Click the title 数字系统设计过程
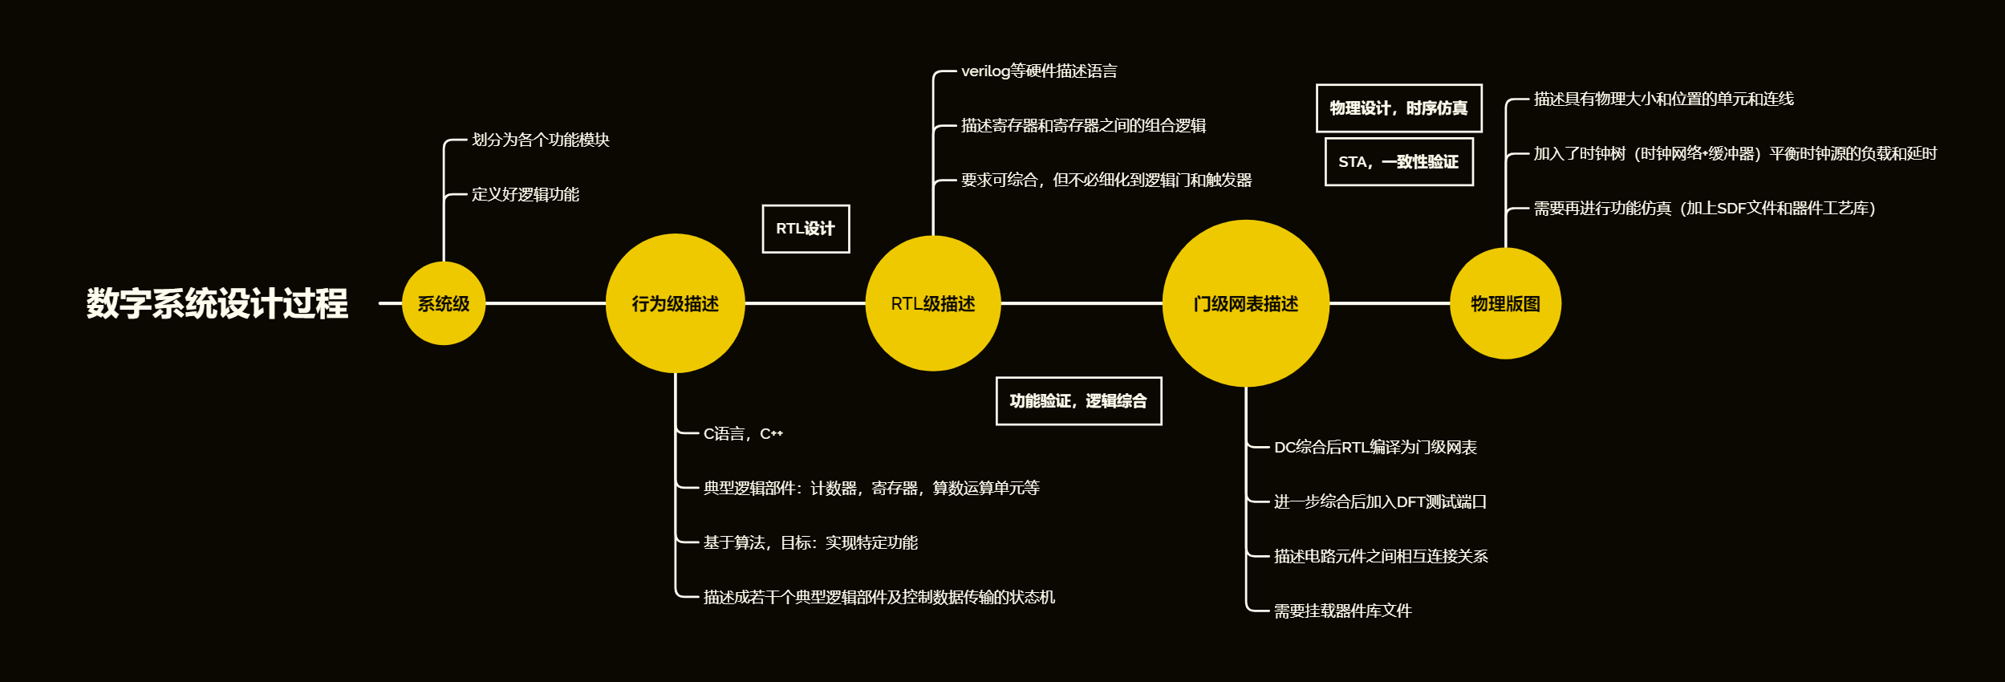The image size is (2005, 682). (x=217, y=303)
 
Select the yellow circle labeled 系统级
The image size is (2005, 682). (x=444, y=303)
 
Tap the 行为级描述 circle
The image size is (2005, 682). (x=675, y=303)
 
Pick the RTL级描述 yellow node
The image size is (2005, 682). (x=933, y=303)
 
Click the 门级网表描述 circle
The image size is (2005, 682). (x=1245, y=303)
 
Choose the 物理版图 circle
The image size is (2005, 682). (x=1505, y=303)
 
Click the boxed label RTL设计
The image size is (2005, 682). (x=806, y=229)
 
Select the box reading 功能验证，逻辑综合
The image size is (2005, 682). (x=1078, y=400)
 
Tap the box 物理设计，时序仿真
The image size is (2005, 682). (x=1398, y=108)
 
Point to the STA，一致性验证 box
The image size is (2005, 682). (x=1398, y=161)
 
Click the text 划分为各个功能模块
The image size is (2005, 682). (x=541, y=140)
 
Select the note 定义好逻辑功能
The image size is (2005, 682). (x=526, y=194)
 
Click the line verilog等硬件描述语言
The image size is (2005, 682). (x=1039, y=71)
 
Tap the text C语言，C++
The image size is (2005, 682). (x=743, y=433)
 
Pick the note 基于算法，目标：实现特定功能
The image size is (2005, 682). (x=810, y=542)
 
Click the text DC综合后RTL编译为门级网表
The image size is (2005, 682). (x=1375, y=447)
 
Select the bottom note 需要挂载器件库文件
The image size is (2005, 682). (x=1342, y=611)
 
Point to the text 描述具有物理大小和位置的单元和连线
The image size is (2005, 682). (x=1663, y=99)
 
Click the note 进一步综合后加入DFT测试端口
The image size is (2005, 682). (x=1380, y=501)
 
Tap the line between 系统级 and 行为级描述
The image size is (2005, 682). (x=546, y=303)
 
